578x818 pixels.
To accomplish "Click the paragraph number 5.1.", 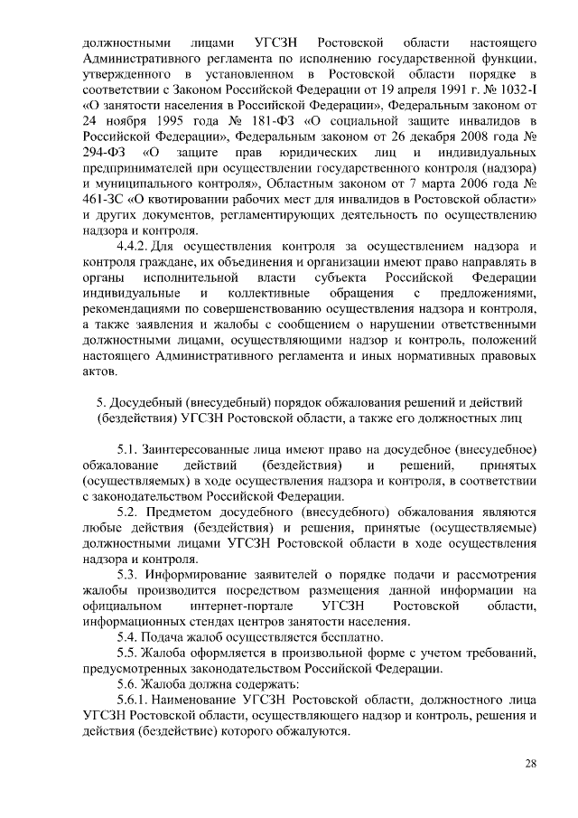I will tap(129, 449).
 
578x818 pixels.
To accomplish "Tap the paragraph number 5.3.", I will tap(129, 574).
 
